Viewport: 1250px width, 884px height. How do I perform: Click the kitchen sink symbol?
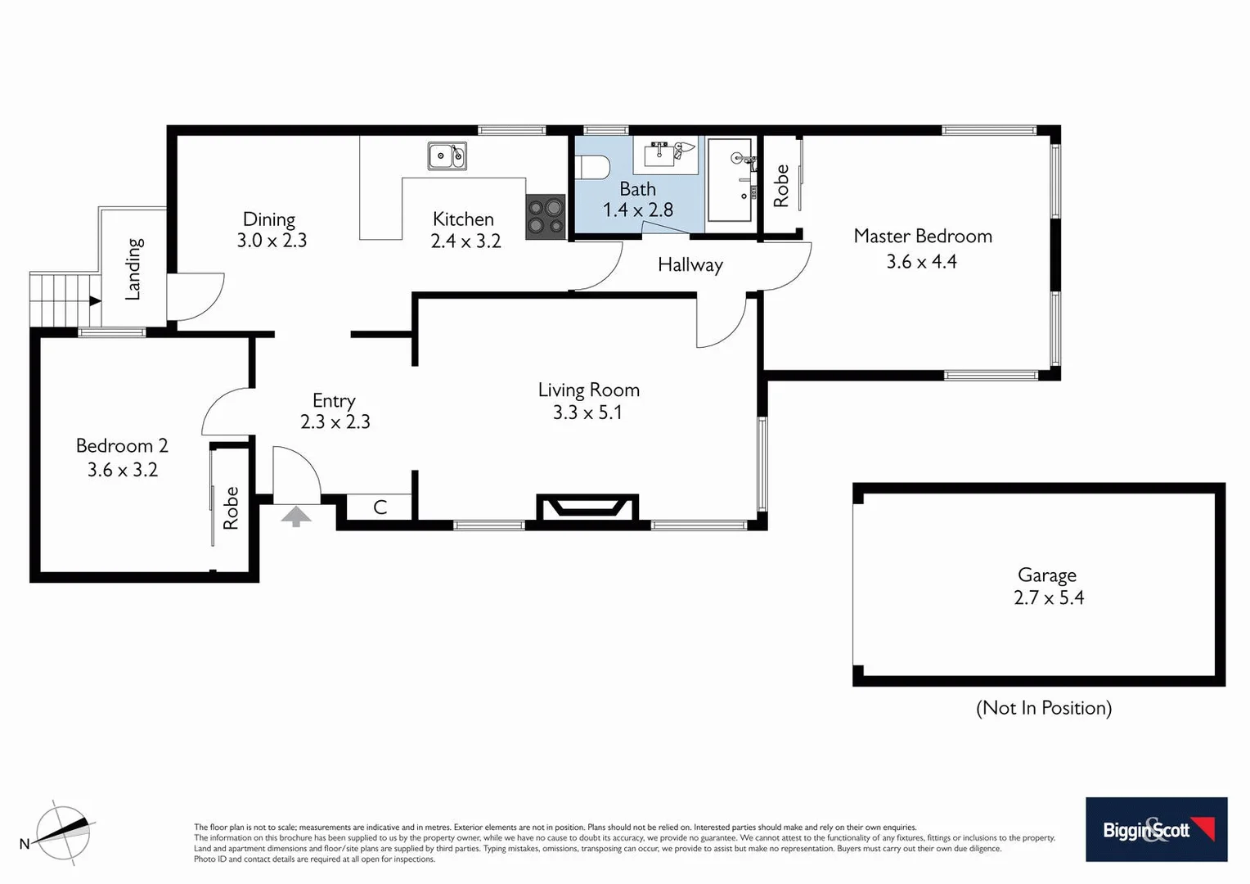(x=447, y=156)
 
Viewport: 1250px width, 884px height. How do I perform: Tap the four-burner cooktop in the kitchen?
(x=546, y=217)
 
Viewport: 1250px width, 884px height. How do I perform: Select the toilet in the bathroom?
(x=593, y=167)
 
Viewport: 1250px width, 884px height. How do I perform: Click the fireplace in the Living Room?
(x=587, y=507)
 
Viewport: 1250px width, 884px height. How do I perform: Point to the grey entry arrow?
(x=296, y=516)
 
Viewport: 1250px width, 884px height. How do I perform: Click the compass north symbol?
(x=62, y=832)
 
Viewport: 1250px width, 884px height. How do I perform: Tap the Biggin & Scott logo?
(x=1156, y=829)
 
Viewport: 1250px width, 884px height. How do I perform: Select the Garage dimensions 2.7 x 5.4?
(x=1048, y=598)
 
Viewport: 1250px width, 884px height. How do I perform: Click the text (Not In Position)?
(x=1044, y=708)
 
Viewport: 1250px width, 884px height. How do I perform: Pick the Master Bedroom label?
(x=922, y=237)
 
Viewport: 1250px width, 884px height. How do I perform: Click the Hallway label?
(x=690, y=265)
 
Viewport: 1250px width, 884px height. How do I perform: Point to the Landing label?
(x=134, y=268)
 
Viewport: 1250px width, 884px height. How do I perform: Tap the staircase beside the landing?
(x=64, y=300)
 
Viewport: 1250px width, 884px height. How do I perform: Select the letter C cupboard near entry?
(x=380, y=507)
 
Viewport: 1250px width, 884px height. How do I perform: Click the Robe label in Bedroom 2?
(x=232, y=507)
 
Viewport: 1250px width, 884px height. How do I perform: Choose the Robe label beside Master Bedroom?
(x=781, y=185)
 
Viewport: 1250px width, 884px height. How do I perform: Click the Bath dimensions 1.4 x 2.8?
(x=637, y=210)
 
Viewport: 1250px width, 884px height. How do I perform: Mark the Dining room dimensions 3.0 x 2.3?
(x=272, y=241)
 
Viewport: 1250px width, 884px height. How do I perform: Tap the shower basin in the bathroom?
(x=729, y=179)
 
